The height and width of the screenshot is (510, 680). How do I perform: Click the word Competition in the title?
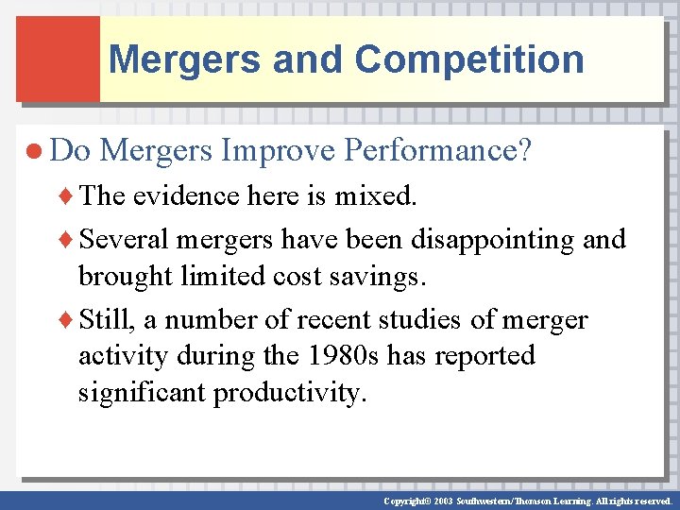coord(469,59)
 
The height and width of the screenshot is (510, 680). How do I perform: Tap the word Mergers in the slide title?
coord(185,59)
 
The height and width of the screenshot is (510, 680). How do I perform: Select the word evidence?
coord(184,195)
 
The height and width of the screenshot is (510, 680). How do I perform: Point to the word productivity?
coord(288,392)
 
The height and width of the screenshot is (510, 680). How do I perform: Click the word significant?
coord(142,392)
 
